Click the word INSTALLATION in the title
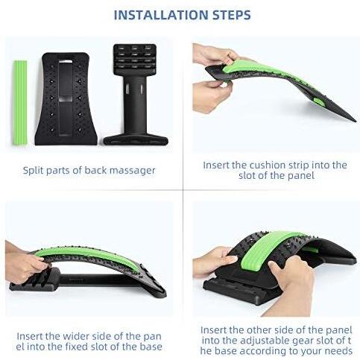[x=155, y=15]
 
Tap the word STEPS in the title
[x=227, y=15]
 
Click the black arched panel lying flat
[x=67, y=97]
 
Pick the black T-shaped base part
[x=135, y=97]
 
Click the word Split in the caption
[x=37, y=170]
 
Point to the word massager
[x=131, y=170]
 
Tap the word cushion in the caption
[x=275, y=165]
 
